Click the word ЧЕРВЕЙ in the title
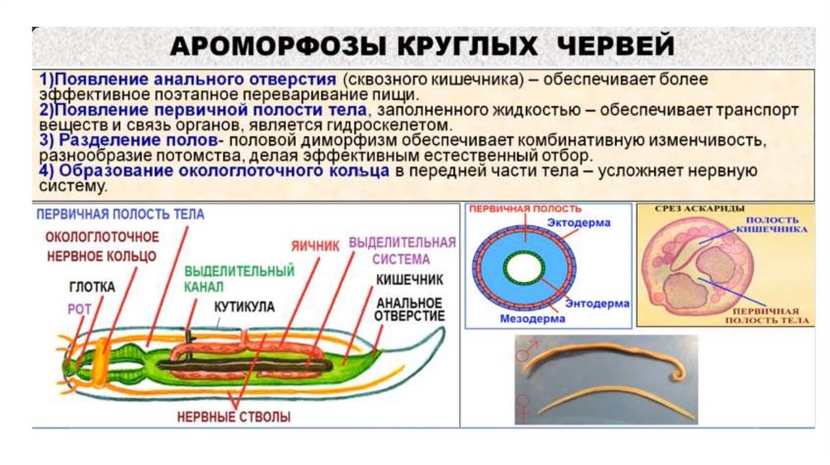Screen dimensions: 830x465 pyautogui.click(x=617, y=45)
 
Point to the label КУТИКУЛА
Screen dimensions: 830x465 pyautogui.click(x=244, y=307)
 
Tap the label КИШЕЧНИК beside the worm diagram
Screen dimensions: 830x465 pyautogui.click(x=409, y=280)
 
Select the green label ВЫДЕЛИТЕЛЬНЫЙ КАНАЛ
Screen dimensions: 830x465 pyautogui.click(x=239, y=278)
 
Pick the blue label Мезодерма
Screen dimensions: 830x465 pyautogui.click(x=510, y=319)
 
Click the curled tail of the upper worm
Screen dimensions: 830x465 pyautogui.click(x=678, y=375)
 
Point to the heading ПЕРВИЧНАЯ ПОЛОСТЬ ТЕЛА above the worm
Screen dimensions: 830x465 pyautogui.click(x=120, y=215)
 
